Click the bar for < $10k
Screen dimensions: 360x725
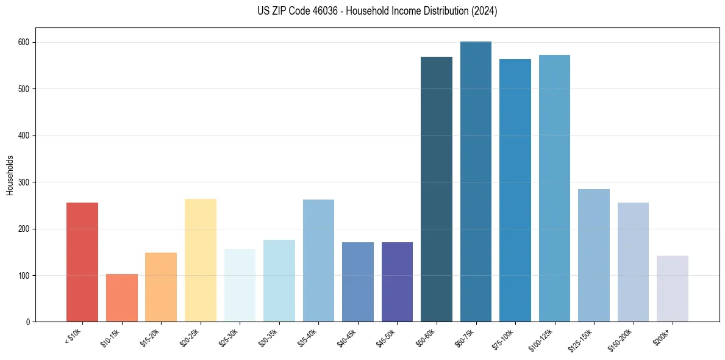[x=82, y=262]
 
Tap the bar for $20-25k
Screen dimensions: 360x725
[x=201, y=260]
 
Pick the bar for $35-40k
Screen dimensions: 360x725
[x=318, y=261]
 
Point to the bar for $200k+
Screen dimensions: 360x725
[x=673, y=289]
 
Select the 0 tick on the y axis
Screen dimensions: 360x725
[x=29, y=322]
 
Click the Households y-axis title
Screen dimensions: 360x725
[x=10, y=175]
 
